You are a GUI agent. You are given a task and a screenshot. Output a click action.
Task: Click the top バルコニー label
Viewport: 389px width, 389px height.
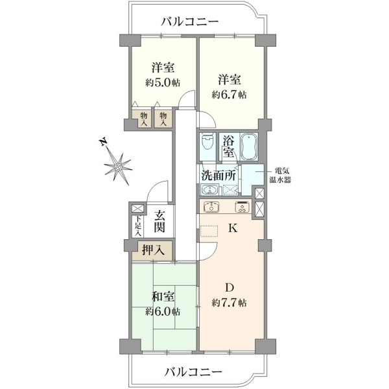(x=190, y=22)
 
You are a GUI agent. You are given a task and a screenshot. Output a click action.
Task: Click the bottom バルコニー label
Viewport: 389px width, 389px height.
(x=193, y=372)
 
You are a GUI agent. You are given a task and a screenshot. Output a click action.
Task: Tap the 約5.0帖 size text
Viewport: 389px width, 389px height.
(x=163, y=83)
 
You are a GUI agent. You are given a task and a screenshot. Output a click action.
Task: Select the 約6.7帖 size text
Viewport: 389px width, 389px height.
(x=229, y=95)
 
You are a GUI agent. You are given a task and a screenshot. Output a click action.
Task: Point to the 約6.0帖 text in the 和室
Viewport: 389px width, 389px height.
(x=163, y=312)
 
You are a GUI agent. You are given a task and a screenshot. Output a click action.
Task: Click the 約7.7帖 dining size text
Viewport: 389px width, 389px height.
(x=229, y=303)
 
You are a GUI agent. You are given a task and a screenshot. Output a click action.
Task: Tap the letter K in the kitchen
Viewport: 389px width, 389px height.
(x=233, y=228)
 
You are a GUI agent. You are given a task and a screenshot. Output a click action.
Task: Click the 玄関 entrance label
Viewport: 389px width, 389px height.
(x=159, y=222)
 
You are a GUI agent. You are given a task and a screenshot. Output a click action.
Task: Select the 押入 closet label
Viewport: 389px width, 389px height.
(x=153, y=250)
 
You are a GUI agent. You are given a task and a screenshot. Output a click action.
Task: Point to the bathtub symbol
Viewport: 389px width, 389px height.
(x=250, y=147)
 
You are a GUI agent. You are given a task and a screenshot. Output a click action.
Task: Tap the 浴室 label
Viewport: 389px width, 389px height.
(x=228, y=147)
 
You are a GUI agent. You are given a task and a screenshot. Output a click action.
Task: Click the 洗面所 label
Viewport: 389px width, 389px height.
(x=218, y=176)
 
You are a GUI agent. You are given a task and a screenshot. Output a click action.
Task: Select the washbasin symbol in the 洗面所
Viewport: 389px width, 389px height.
(x=210, y=190)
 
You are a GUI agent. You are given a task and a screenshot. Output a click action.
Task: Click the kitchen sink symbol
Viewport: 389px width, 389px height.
(x=211, y=207)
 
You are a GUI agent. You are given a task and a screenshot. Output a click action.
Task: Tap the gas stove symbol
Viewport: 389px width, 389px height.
(x=242, y=207)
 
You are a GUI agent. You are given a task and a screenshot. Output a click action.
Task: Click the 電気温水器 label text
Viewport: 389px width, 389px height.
(x=280, y=176)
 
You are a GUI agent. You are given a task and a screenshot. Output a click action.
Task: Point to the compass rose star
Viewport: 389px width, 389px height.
(x=117, y=167)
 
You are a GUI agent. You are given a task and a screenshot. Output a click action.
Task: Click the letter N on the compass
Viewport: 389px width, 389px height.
(x=104, y=142)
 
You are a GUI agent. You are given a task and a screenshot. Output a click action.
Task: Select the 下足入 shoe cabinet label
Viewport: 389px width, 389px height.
(x=138, y=226)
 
